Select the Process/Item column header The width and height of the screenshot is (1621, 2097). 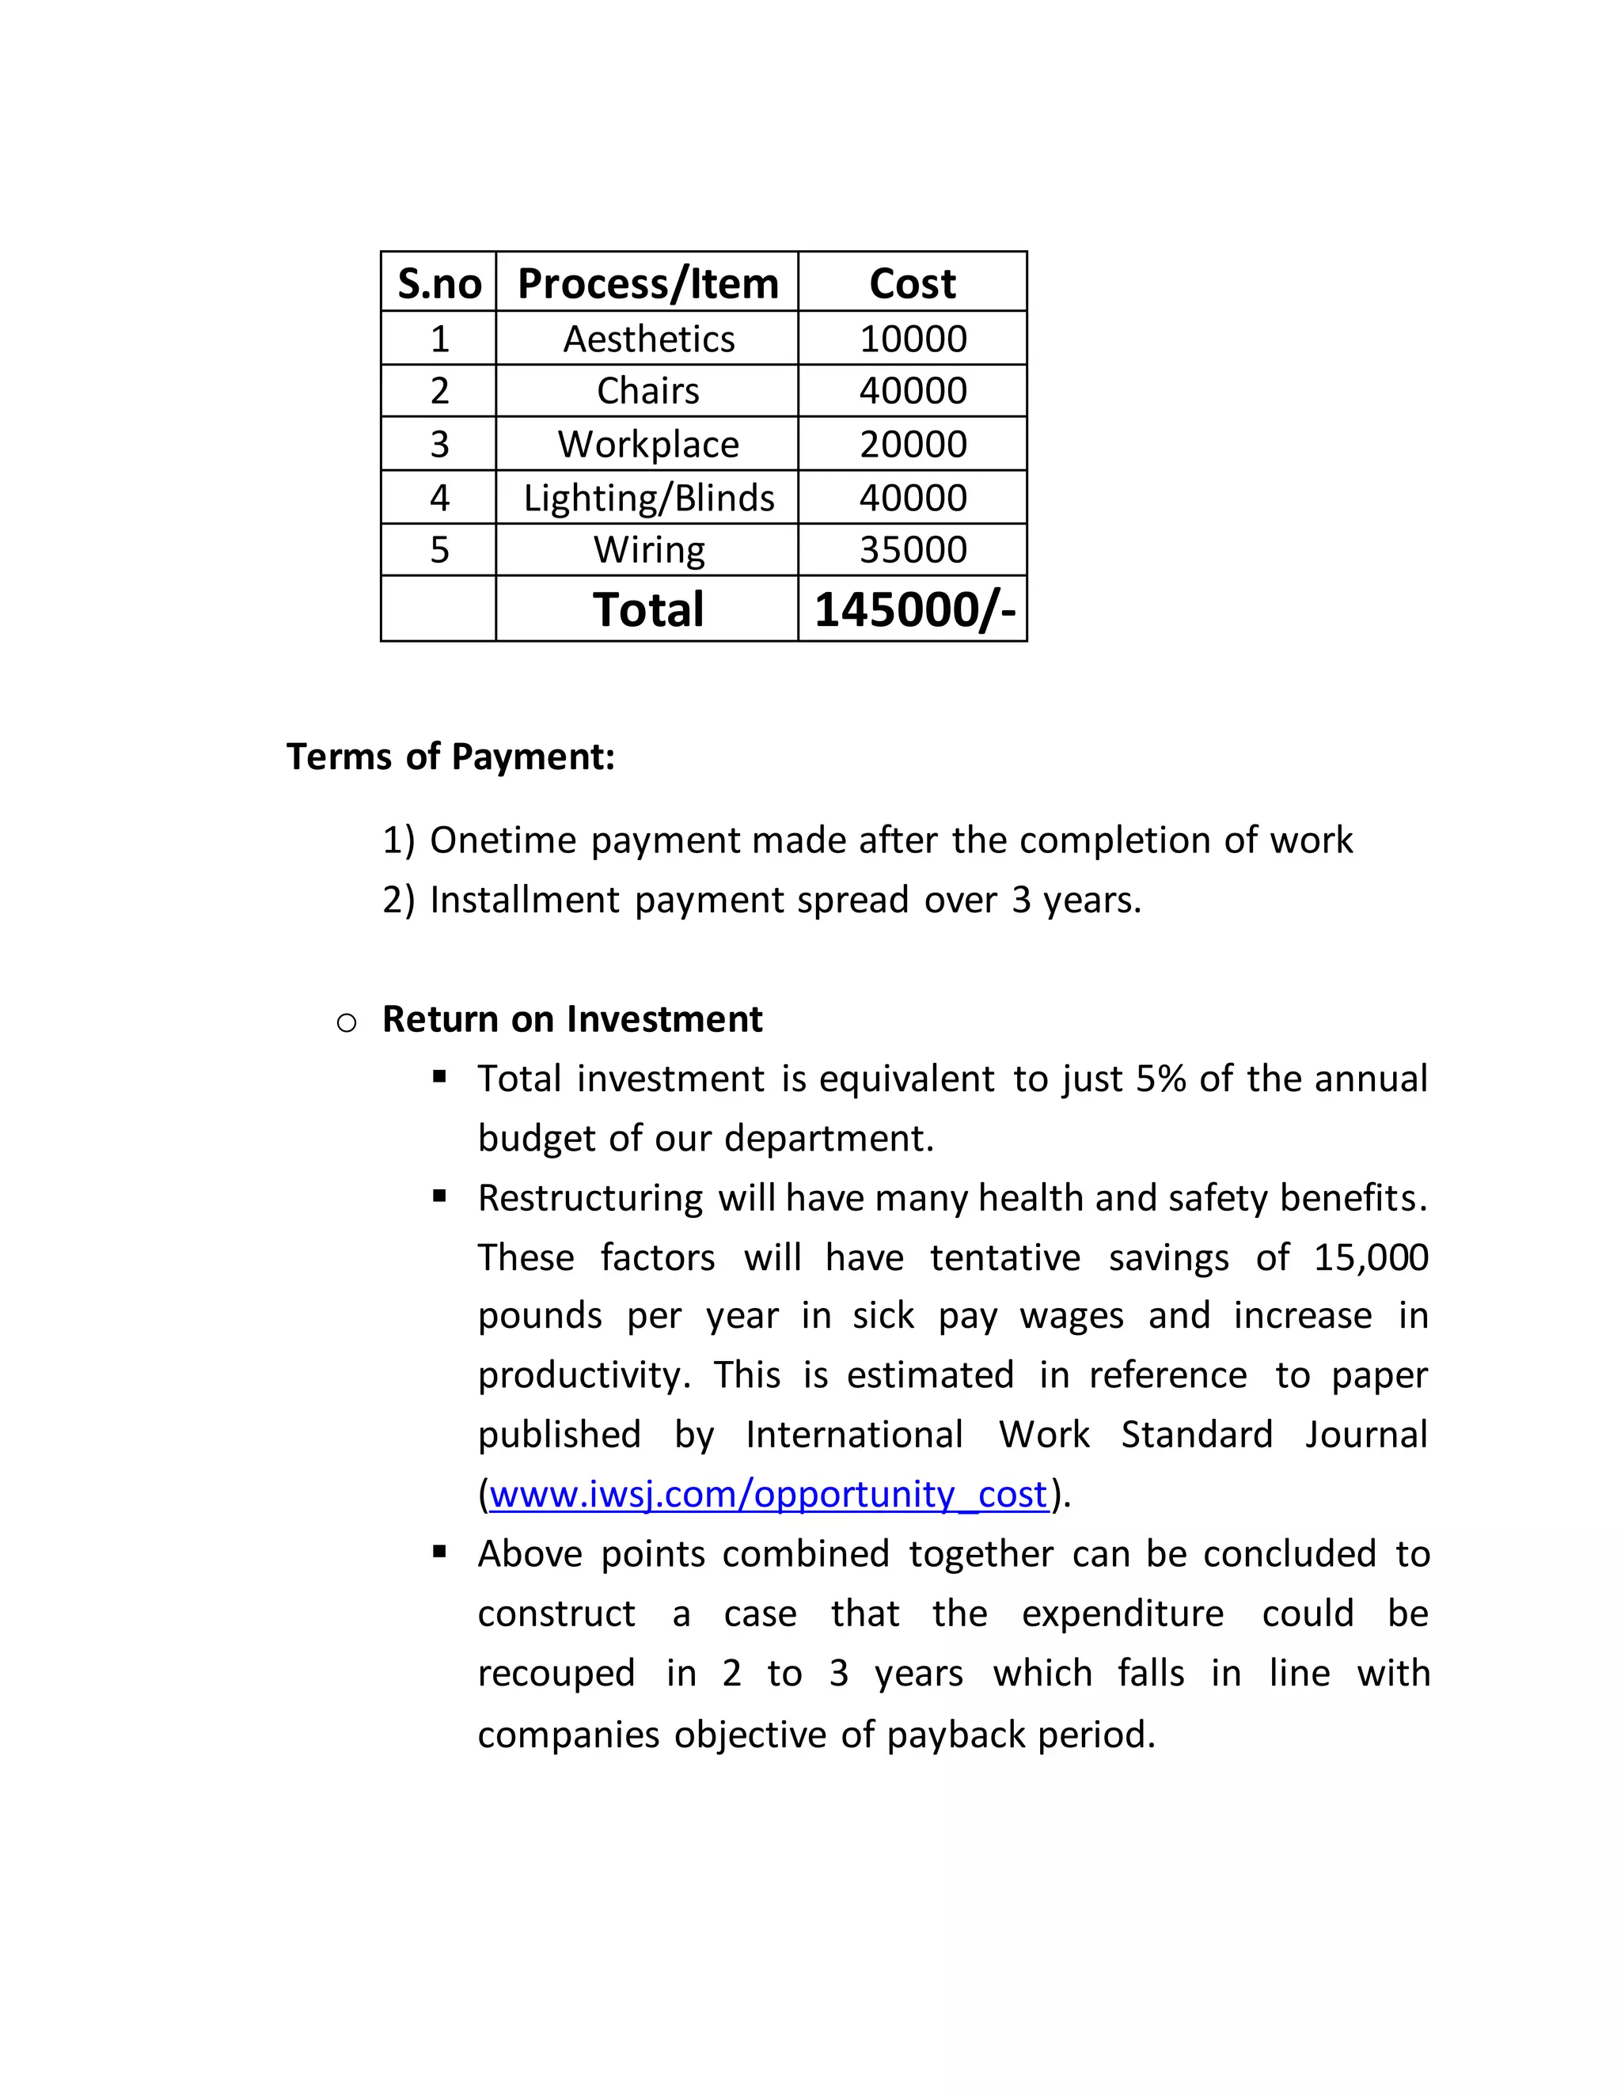[x=647, y=283]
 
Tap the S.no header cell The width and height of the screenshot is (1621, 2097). [x=438, y=283]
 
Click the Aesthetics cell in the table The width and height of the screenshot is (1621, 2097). [x=648, y=339]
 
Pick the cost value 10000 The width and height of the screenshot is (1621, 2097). [x=913, y=339]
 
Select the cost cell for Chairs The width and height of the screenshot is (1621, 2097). [x=913, y=391]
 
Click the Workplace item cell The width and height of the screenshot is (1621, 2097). [x=648, y=444]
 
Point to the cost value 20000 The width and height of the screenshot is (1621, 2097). [x=913, y=444]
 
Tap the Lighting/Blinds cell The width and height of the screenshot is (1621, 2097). [x=648, y=498]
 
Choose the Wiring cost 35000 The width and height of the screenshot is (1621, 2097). [x=913, y=549]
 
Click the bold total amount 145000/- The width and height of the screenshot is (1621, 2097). [x=913, y=609]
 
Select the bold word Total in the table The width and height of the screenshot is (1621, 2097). [x=648, y=609]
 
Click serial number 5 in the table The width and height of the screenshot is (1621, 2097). [x=438, y=549]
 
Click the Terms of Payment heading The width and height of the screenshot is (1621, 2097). [x=450, y=757]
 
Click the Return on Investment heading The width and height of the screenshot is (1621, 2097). [x=571, y=1018]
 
